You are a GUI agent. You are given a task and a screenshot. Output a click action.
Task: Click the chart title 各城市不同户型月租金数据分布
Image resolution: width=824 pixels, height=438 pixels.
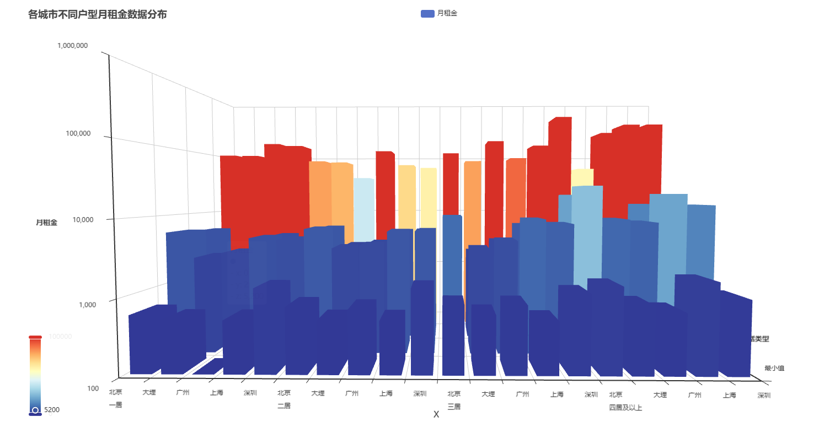pyautogui.click(x=98, y=15)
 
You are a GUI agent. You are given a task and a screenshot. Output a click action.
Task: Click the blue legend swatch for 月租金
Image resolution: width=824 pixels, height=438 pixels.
pyautogui.click(x=427, y=14)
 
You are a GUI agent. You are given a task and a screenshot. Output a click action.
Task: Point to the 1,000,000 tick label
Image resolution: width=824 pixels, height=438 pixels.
pyautogui.click(x=72, y=46)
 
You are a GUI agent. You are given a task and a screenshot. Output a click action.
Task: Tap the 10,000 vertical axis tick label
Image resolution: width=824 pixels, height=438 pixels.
pyautogui.click(x=76, y=219)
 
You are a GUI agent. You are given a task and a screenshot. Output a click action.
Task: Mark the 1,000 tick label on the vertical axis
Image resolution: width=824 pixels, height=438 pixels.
pyautogui.click(x=78, y=305)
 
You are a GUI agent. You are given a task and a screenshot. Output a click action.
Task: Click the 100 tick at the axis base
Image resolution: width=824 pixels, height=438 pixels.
pyautogui.click(x=93, y=388)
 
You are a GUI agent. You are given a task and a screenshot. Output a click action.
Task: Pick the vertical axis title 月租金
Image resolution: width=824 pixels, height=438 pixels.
pyautogui.click(x=46, y=223)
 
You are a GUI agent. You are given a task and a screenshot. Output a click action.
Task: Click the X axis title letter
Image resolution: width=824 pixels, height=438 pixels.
pyautogui.click(x=436, y=414)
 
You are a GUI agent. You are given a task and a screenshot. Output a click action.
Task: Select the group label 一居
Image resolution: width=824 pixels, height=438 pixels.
pyautogui.click(x=115, y=405)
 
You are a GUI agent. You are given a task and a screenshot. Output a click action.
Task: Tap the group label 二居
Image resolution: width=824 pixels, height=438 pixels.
pyautogui.click(x=284, y=406)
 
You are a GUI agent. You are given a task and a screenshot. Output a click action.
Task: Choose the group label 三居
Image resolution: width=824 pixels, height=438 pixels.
pyautogui.click(x=454, y=407)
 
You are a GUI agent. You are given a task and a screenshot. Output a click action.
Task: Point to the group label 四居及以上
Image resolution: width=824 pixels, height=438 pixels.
pyautogui.click(x=625, y=408)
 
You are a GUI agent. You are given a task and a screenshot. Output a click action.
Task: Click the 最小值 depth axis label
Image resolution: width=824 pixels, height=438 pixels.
pyautogui.click(x=774, y=368)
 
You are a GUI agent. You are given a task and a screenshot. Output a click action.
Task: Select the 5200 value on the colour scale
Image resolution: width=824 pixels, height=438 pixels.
pyautogui.click(x=51, y=410)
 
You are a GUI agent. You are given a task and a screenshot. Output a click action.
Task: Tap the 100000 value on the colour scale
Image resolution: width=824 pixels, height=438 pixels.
pyautogui.click(x=60, y=337)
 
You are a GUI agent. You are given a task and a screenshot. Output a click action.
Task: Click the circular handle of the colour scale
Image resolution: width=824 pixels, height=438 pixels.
pyautogui.click(x=35, y=410)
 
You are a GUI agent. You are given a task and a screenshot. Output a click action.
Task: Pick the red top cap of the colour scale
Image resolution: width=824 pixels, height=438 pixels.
pyautogui.click(x=35, y=337)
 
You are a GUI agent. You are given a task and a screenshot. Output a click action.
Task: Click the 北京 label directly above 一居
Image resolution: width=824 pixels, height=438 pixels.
pyautogui.click(x=115, y=393)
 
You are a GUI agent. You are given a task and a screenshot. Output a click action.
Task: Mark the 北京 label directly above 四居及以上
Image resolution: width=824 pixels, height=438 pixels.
pyautogui.click(x=616, y=394)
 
